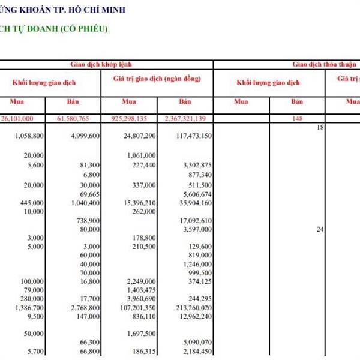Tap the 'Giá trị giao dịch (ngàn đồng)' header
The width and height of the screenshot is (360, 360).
[157, 79]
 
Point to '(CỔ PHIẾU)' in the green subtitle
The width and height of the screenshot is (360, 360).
[83, 28]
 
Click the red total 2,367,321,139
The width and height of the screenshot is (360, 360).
[184, 118]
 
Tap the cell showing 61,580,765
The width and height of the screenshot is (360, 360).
[76, 118]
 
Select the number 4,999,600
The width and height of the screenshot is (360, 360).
[84, 137]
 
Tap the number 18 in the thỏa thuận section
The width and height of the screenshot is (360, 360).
[320, 128]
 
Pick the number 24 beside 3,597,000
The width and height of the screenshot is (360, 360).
[320, 229]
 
